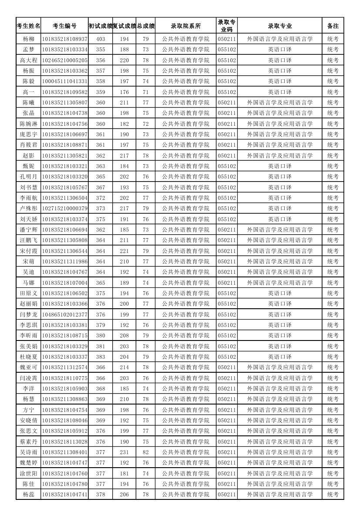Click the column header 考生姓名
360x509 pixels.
click(x=28, y=26)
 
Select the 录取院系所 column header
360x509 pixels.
click(x=185, y=26)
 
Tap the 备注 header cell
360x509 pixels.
click(x=333, y=26)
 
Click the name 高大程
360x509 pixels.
click(x=28, y=60)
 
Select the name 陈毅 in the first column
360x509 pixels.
click(x=28, y=81)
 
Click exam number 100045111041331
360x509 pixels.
click(x=64, y=81)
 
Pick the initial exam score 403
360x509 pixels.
click(x=100, y=39)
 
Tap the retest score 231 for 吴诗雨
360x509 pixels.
click(x=124, y=452)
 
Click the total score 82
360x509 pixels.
click(x=145, y=452)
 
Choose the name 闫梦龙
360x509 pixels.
click(x=28, y=314)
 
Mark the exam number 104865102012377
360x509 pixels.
click(x=64, y=314)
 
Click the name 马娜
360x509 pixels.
click(x=28, y=283)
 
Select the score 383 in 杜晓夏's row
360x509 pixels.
click(x=100, y=357)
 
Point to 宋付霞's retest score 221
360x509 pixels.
click(x=124, y=251)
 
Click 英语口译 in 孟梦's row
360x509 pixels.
click(x=279, y=50)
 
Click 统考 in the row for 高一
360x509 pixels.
click(x=333, y=92)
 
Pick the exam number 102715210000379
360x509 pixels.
click(x=64, y=209)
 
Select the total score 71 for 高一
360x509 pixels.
click(x=145, y=92)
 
